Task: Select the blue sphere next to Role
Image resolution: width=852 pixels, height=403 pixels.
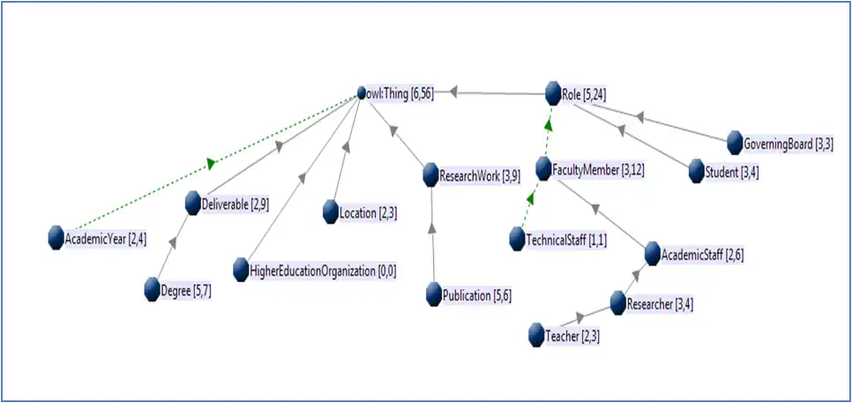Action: click(x=554, y=93)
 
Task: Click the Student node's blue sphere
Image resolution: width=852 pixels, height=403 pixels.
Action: click(x=697, y=170)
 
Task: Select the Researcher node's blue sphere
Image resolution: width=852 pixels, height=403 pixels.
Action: click(x=618, y=304)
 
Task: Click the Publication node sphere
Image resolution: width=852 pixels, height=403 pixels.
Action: click(x=433, y=295)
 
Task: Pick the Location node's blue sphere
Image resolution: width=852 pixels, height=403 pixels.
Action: click(x=330, y=212)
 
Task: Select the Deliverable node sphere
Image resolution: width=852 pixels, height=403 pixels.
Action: click(x=194, y=203)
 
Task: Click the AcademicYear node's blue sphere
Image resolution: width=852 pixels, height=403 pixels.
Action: click(x=56, y=238)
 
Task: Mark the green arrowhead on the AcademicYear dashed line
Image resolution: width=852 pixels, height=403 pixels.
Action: click(x=211, y=163)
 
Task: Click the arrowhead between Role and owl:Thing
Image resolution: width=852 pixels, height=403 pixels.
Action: click(x=454, y=91)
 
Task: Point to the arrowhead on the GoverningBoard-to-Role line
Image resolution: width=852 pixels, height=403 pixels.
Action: click(x=641, y=117)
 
